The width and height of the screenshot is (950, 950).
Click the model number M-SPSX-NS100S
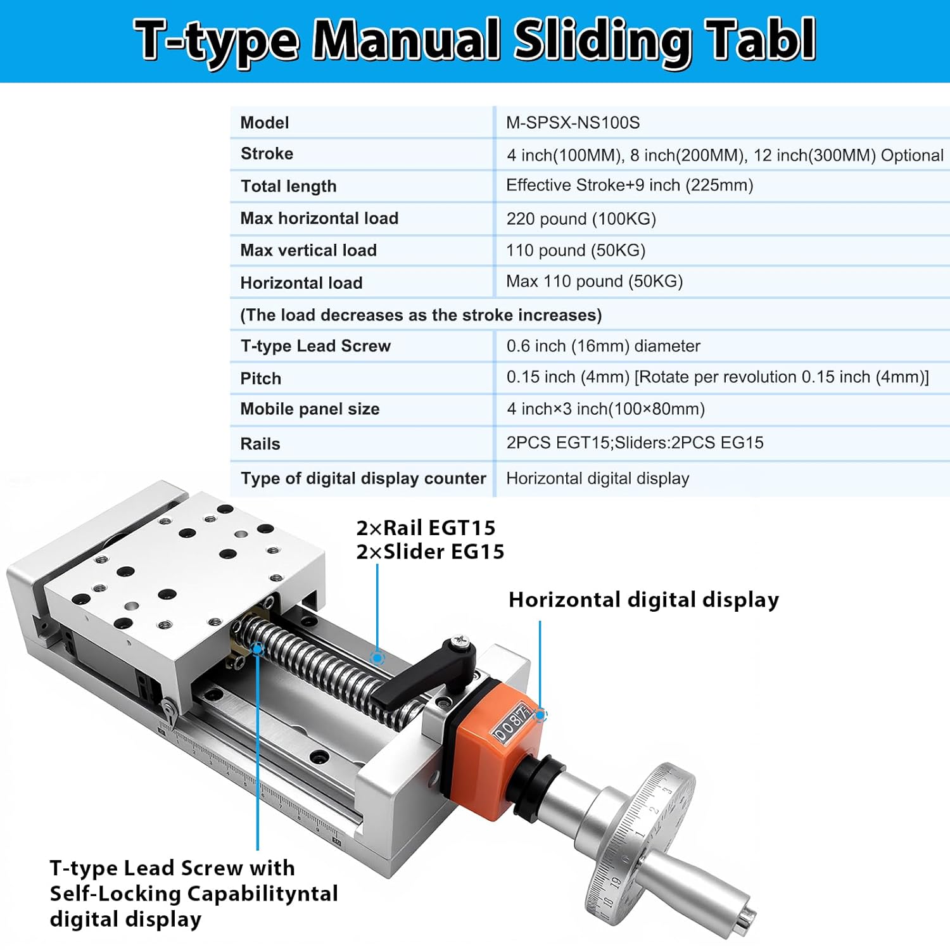point(573,123)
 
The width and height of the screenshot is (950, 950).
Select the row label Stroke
point(267,154)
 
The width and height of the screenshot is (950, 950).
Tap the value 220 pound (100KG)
point(581,219)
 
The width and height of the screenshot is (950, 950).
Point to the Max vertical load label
point(308,251)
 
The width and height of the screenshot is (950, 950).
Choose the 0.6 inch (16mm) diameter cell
point(603,346)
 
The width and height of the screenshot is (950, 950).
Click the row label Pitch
point(260,379)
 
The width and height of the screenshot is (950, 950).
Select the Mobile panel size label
point(310,409)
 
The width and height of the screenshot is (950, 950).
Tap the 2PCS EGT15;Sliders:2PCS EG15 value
point(635,443)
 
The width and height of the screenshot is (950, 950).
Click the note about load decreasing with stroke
point(421,315)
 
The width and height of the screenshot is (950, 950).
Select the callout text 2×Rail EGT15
point(426,528)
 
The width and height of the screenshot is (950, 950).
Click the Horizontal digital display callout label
point(643,600)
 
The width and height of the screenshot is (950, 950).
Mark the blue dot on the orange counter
point(540,715)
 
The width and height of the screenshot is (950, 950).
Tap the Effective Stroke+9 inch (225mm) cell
point(630,186)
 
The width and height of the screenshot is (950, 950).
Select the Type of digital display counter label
point(363,479)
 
